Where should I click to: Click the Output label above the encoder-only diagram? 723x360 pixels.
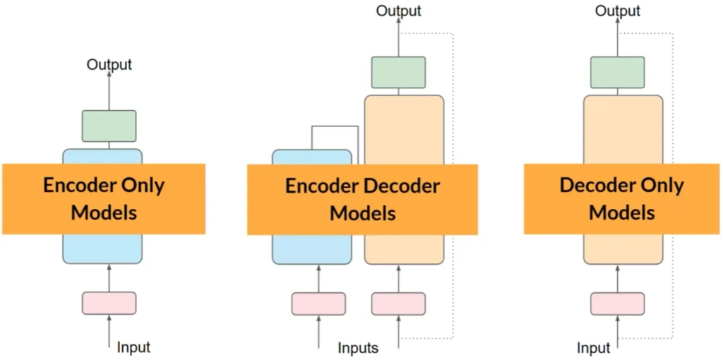[109, 65]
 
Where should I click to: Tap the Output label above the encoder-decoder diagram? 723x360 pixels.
[398, 11]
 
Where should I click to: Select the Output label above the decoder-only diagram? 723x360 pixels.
[617, 11]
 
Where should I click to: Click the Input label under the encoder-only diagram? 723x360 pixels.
[133, 347]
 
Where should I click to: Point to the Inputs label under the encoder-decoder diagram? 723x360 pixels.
[358, 348]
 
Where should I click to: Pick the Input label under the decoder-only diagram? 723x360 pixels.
[593, 348]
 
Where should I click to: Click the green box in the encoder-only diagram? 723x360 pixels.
[109, 126]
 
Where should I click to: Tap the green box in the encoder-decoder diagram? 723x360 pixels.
[398, 72]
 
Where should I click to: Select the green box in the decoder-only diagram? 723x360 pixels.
[617, 72]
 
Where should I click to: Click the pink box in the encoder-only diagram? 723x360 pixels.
[109, 303]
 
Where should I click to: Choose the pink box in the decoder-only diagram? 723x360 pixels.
[617, 303]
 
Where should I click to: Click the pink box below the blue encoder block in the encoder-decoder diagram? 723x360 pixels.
[318, 303]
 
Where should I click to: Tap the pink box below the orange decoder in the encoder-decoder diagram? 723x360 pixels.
[398, 303]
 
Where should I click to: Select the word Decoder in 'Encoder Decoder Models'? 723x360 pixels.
[402, 186]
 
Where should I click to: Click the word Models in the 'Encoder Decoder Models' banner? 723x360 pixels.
[362, 212]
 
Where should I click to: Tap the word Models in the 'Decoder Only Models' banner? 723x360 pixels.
[622, 212]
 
